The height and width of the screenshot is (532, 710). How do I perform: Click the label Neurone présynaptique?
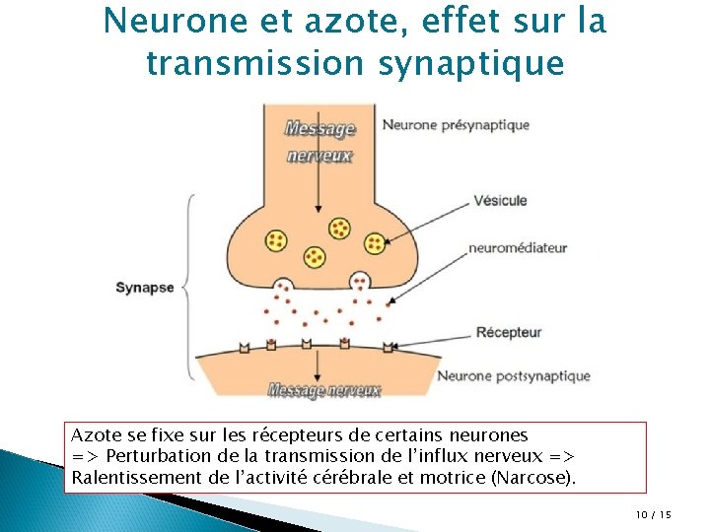456,125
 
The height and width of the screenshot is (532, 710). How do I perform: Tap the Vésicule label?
500,200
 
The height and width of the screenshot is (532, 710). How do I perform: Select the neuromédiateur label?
518,248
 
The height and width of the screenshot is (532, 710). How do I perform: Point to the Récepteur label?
508,332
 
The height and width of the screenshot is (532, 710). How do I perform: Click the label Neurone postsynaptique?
513,375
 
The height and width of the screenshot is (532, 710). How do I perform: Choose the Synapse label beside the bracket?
144,288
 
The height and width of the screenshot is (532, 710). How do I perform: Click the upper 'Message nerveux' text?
319,141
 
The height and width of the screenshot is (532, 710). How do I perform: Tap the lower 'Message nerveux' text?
324,391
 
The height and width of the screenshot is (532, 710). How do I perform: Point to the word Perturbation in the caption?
156,457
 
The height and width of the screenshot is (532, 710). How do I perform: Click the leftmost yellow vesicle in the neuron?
276,240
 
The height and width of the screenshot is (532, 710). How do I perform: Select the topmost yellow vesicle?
340,229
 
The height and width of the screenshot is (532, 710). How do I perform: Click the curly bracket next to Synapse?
189,287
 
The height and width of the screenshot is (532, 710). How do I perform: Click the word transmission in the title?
255,63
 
